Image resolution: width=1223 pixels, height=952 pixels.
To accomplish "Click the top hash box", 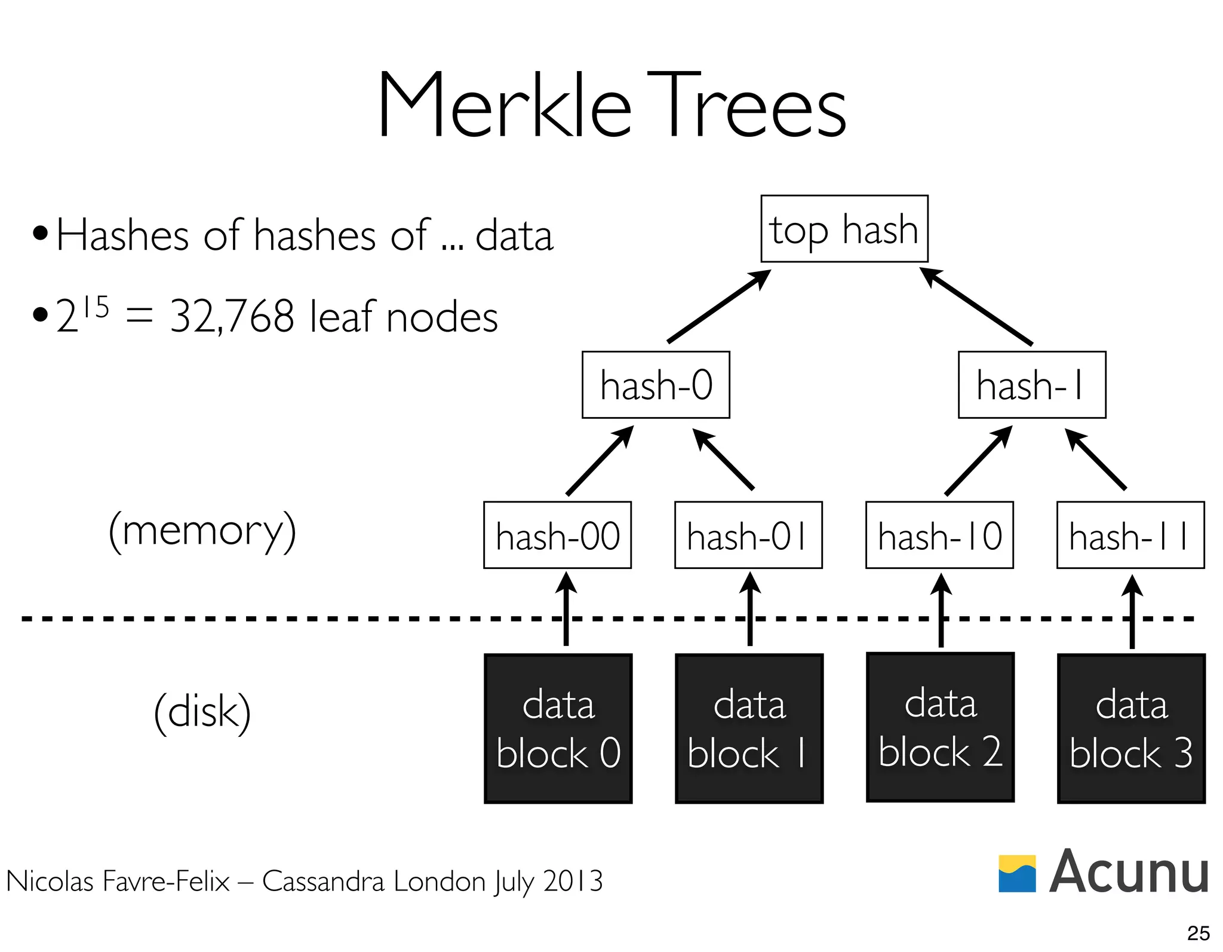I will (844, 229).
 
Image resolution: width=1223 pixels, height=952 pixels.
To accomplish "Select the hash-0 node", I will (656, 385).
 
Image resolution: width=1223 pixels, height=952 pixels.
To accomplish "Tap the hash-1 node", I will (1031, 385).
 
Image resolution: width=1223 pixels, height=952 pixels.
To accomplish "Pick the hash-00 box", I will (557, 535).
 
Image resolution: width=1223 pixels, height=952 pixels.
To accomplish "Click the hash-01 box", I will (748, 535).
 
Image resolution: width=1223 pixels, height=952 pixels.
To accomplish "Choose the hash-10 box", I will (939, 535).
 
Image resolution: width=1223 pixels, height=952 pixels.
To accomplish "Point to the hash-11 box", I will (1130, 535).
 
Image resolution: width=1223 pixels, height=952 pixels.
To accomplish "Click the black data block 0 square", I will (558, 728).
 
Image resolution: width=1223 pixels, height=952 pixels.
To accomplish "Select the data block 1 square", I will (749, 728).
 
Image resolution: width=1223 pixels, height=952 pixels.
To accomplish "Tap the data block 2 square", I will (940, 727).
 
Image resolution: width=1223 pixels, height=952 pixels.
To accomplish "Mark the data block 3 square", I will (1131, 728).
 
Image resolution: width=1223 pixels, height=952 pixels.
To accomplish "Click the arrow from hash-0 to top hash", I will (718, 307).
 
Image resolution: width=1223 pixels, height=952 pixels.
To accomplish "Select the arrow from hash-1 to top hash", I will (976, 307).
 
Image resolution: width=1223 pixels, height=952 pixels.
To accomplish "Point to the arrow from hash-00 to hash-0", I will (600, 461).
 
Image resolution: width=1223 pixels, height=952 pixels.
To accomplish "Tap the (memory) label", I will (202, 531).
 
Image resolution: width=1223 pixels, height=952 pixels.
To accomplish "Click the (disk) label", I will (202, 712).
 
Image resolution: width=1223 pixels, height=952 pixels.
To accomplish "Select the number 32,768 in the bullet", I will (232, 317).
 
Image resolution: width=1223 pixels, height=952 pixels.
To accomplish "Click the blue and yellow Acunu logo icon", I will (1017, 873).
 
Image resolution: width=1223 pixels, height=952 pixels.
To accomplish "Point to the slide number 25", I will (1198, 933).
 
